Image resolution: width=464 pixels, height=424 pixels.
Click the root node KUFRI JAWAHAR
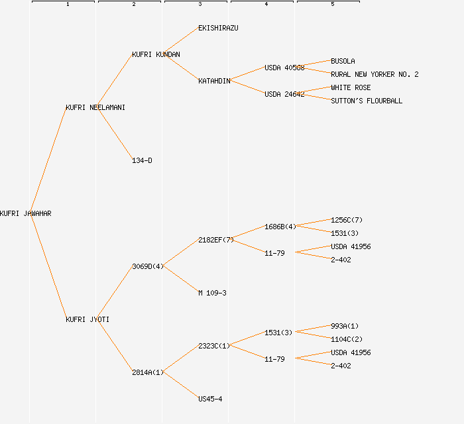26,213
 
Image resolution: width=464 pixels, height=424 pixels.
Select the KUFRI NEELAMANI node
95,107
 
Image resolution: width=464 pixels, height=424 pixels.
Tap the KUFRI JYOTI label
87,319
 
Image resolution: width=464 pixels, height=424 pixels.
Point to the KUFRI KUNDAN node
156,54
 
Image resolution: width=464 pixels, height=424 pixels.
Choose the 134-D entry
142,160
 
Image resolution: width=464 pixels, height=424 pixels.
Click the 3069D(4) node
148,266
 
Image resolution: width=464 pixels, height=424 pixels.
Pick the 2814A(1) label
148,372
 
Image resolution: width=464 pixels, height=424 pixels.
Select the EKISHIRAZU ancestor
218,28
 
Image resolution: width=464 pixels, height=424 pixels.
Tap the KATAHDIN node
214,81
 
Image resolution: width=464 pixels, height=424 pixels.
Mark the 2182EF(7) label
216,240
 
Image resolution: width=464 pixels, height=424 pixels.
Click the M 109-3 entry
212,293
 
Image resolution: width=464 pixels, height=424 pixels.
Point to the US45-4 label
210,399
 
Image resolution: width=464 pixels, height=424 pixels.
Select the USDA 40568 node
284,68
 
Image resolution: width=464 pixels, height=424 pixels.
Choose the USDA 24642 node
284,94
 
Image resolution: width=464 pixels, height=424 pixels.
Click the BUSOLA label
343,61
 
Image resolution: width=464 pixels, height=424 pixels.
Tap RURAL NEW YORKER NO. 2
375,74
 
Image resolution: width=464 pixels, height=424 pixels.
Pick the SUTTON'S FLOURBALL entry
367,101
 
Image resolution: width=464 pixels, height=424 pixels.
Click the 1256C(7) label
347,220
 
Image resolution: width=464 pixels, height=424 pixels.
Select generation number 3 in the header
200,5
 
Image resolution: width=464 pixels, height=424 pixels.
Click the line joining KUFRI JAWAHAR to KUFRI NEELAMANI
48,160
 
